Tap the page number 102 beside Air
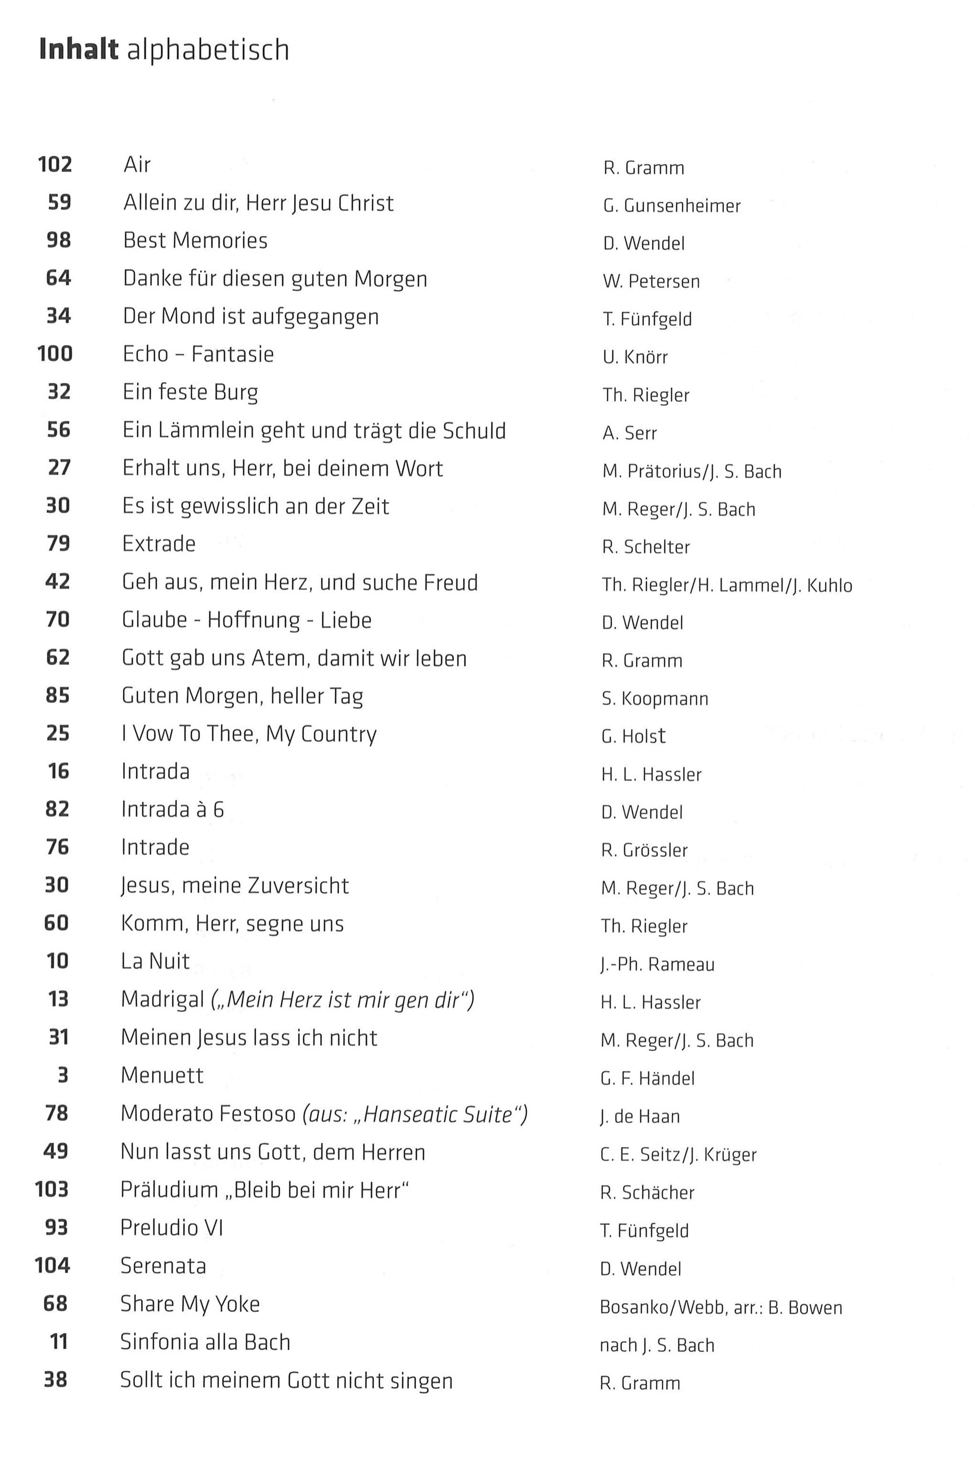tap(55, 165)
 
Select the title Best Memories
tap(195, 241)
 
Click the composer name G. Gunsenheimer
tap(671, 206)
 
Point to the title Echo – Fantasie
tap(198, 354)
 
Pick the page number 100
tap(55, 354)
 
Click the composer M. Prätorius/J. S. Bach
tap(691, 471)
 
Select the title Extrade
tap(159, 544)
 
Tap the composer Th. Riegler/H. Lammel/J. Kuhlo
tap(727, 585)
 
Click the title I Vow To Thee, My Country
tap(249, 734)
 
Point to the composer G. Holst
tap(633, 736)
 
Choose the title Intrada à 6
tap(172, 809)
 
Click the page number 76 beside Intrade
tap(57, 847)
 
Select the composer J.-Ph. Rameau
tap(657, 964)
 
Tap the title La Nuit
tap(155, 961)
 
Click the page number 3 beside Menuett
tap(62, 1075)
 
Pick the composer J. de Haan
tap(640, 1117)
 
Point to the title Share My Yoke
tap(190, 1304)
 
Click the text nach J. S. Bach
tap(657, 1346)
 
